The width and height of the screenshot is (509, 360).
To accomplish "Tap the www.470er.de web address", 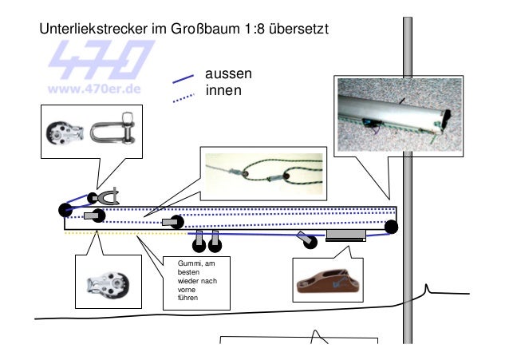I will [97, 88].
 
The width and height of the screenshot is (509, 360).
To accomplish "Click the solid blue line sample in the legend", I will [183, 78].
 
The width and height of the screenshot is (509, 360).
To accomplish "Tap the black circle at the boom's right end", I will [391, 227].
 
